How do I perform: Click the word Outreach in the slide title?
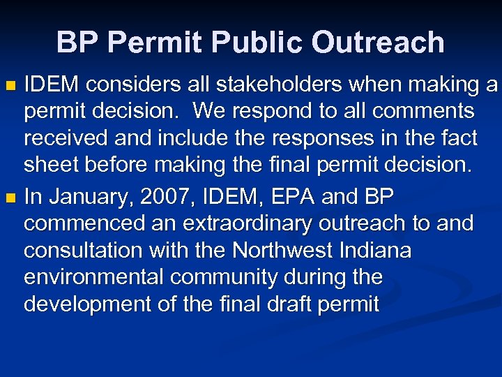coord(378,43)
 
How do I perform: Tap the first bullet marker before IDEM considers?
coord(10,87)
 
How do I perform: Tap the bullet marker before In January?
coord(10,199)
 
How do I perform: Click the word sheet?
coord(52,165)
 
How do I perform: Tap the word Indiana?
coord(376,251)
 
